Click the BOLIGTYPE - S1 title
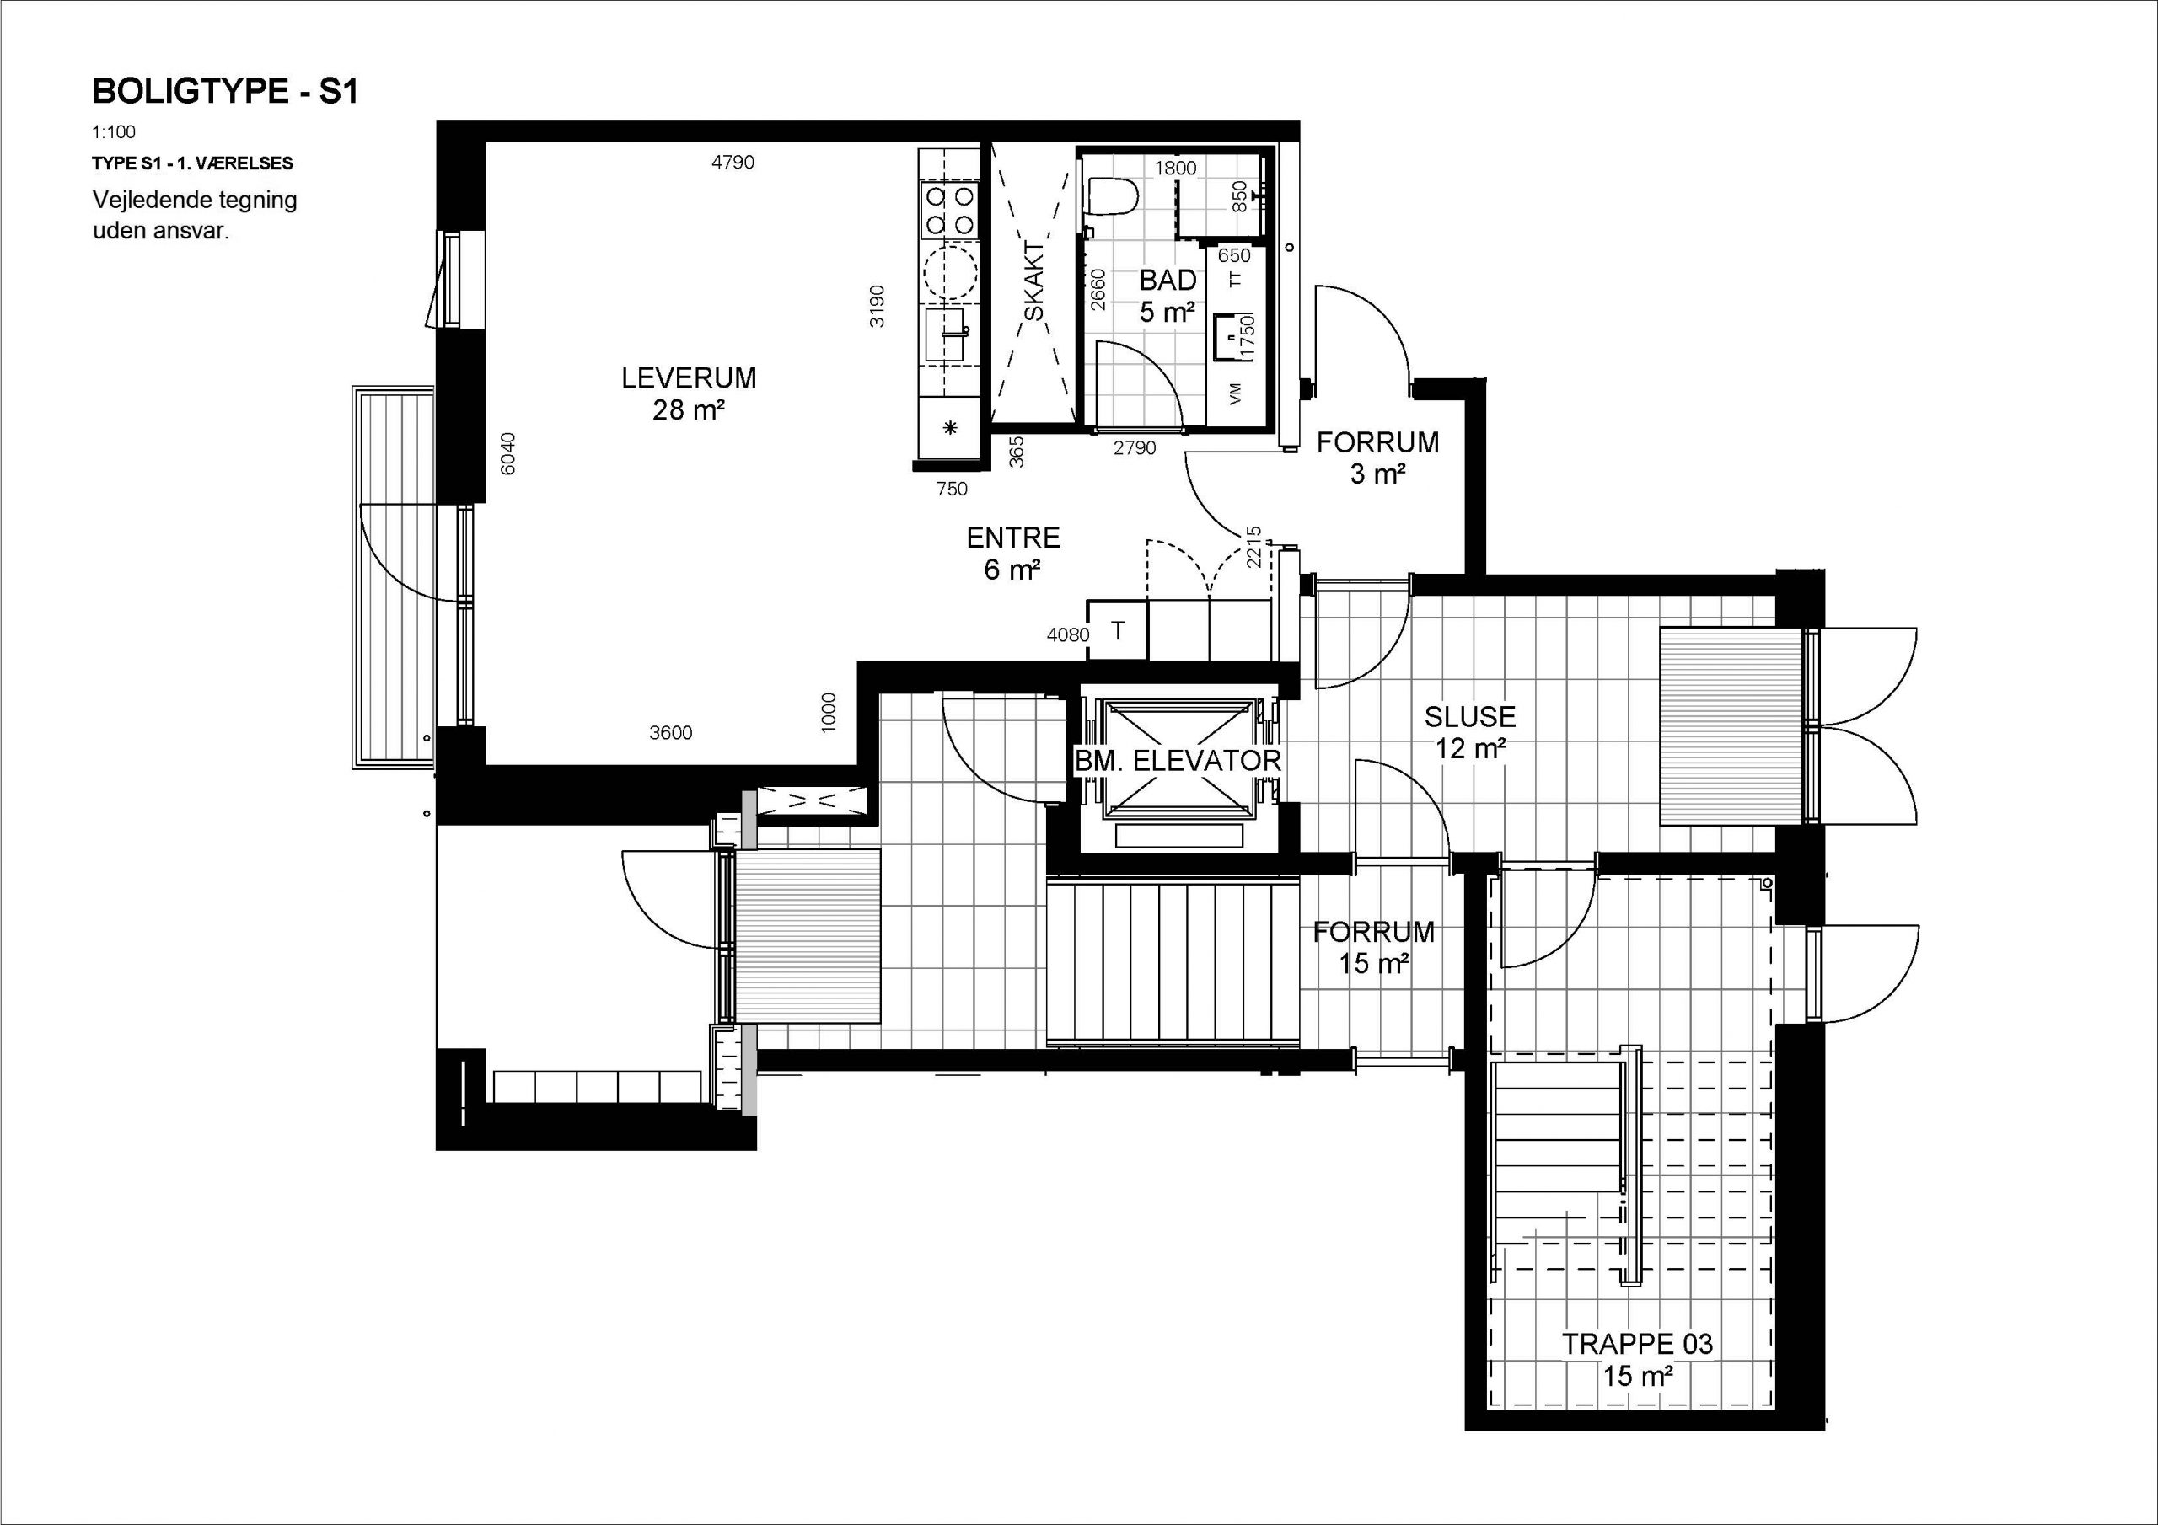pyautogui.click(x=226, y=91)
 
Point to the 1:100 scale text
pyautogui.click(x=114, y=132)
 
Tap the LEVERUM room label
pyautogui.click(x=689, y=377)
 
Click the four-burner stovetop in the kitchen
pyautogui.click(x=949, y=211)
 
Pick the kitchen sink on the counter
pyautogui.click(x=947, y=335)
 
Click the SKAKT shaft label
pyautogui.click(x=1033, y=282)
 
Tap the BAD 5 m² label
pyautogui.click(x=1168, y=295)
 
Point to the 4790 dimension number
pyautogui.click(x=733, y=163)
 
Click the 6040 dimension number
pyautogui.click(x=508, y=453)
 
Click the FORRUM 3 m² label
pyautogui.click(x=1378, y=457)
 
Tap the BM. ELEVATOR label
pyautogui.click(x=1178, y=761)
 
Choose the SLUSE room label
pyautogui.click(x=1470, y=717)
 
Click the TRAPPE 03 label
pyautogui.click(x=1638, y=1344)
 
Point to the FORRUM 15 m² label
pyautogui.click(x=1374, y=947)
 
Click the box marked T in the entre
pyautogui.click(x=1118, y=630)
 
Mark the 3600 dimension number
pyautogui.click(x=671, y=733)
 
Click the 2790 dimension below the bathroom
pyautogui.click(x=1135, y=448)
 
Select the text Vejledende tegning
pyautogui.click(x=195, y=201)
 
